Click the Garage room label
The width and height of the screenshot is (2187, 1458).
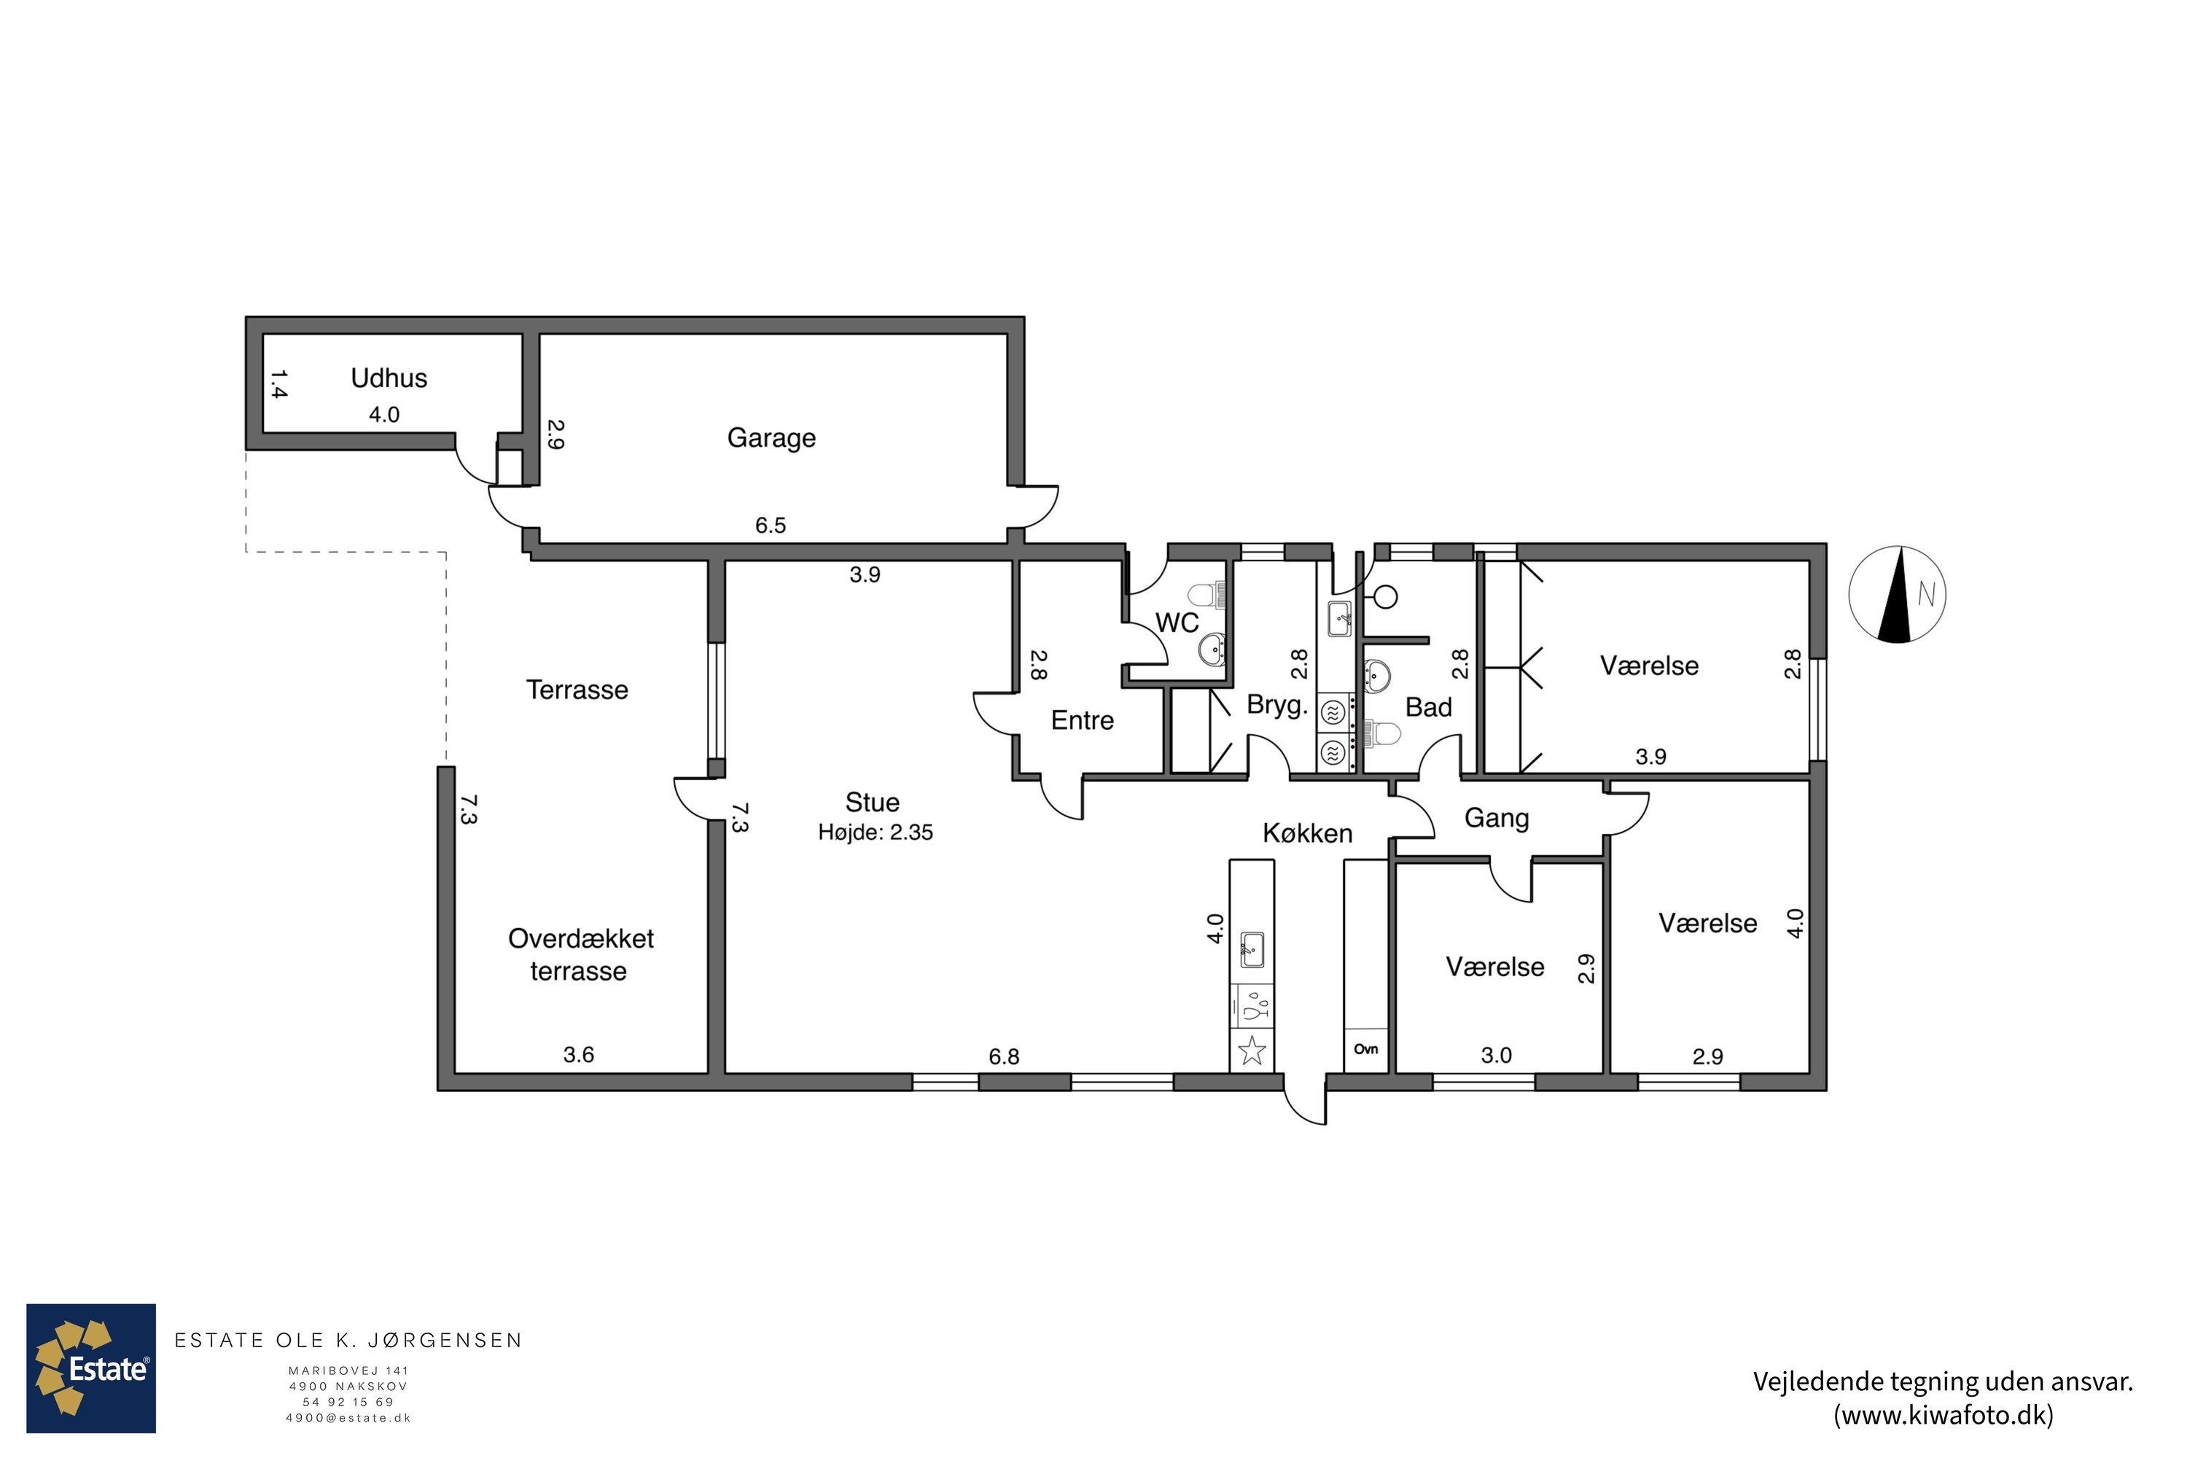pyautogui.click(x=771, y=438)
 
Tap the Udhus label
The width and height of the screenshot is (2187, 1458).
pyautogui.click(x=389, y=378)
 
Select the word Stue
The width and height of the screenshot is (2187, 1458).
pyautogui.click(x=872, y=803)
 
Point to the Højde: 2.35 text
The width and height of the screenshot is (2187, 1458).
pyautogui.click(x=875, y=833)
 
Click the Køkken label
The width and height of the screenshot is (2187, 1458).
pyautogui.click(x=1307, y=833)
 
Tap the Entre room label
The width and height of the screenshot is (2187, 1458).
pyautogui.click(x=1083, y=721)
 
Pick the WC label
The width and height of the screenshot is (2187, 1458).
pyautogui.click(x=1177, y=623)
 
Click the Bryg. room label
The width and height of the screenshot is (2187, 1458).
pyautogui.click(x=1276, y=706)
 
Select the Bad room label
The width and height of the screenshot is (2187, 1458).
pyautogui.click(x=1428, y=708)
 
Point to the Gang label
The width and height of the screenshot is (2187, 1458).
pyautogui.click(x=1496, y=818)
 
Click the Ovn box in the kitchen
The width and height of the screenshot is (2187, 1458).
pyautogui.click(x=1366, y=1050)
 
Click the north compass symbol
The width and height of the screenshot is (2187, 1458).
pyautogui.click(x=1897, y=594)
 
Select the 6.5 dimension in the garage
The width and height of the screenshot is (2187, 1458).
pyautogui.click(x=770, y=526)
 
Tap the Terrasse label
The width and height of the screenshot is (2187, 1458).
pyautogui.click(x=577, y=690)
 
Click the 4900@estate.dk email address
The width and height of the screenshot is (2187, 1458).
pyautogui.click(x=348, y=1418)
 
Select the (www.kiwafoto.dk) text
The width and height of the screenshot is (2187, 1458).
pyautogui.click(x=1944, y=1415)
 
